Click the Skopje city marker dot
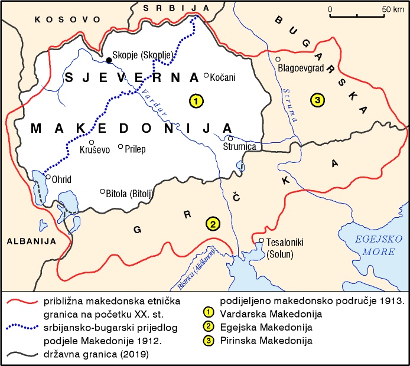109,60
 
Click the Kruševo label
95,150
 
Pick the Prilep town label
136,149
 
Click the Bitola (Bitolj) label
130,192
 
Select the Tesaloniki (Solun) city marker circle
261,240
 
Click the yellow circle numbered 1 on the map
196,101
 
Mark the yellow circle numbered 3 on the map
318,101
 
